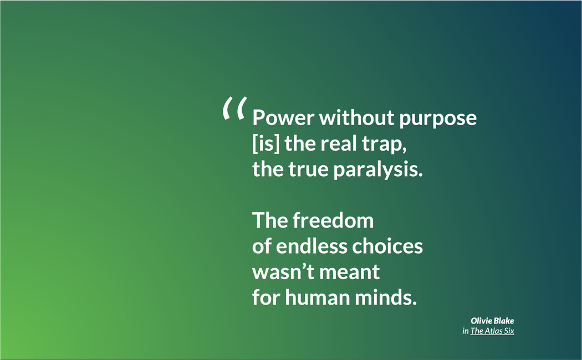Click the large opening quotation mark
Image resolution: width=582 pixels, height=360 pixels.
click(233, 109)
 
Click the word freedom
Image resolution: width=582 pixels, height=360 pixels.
click(333, 220)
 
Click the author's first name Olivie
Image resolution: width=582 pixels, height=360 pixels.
click(480, 321)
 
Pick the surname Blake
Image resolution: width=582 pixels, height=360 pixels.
click(503, 321)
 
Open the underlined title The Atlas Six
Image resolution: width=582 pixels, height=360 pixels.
click(492, 331)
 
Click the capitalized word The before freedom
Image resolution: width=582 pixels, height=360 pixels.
click(270, 220)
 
